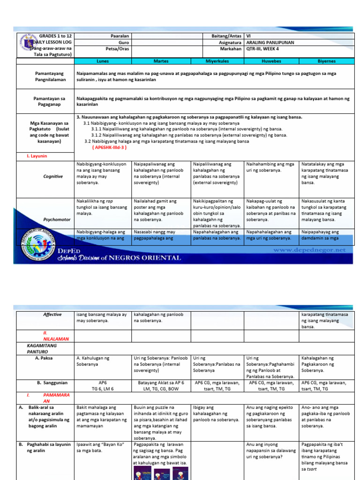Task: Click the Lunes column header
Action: pos(102,61)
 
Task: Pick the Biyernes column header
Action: pos(326,61)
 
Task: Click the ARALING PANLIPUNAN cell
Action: pos(270,42)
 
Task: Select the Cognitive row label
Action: pos(53,176)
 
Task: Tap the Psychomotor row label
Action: pos(53,218)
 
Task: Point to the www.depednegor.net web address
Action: pos(309,250)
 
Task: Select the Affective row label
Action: pos(52,315)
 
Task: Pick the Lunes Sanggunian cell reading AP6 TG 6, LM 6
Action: pos(102,385)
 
